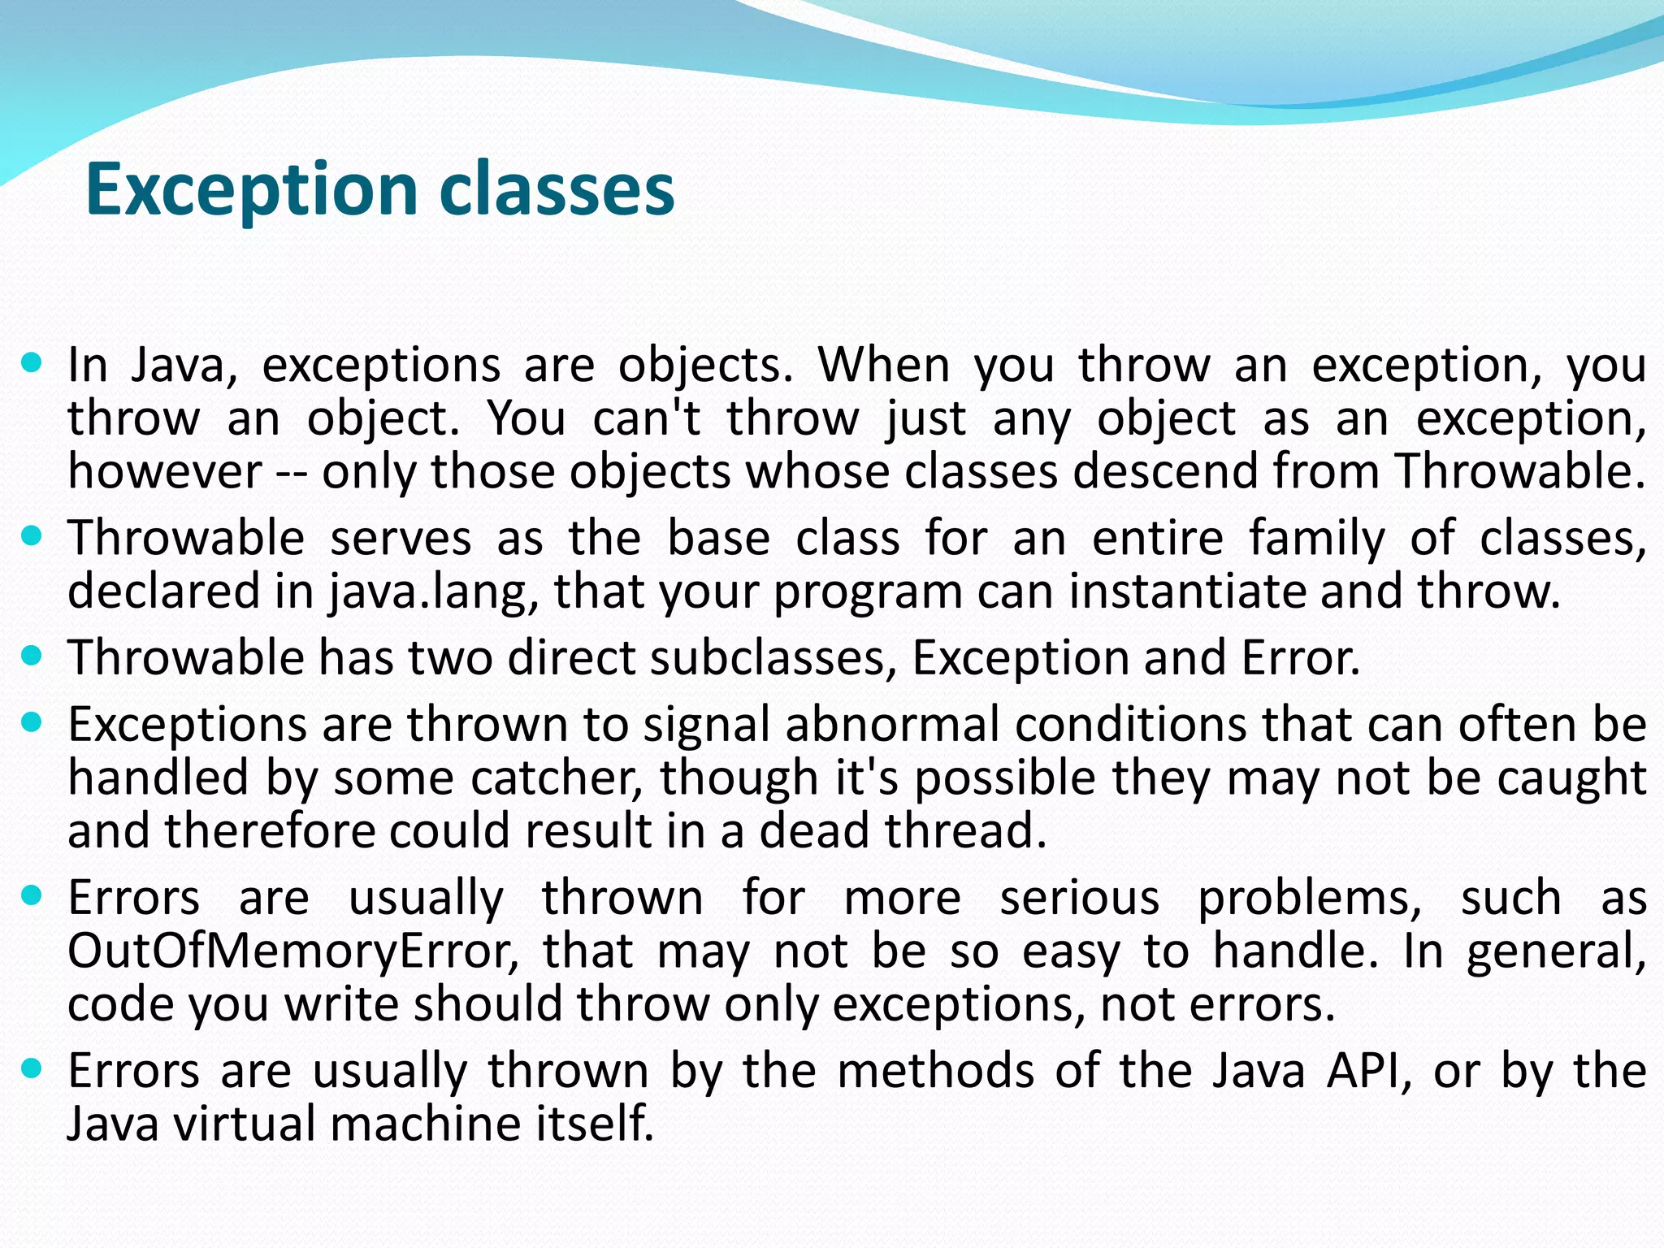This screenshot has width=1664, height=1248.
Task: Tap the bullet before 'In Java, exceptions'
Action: pos(32,362)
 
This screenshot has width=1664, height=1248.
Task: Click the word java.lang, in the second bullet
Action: pos(435,592)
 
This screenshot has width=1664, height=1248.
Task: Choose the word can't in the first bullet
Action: pos(647,419)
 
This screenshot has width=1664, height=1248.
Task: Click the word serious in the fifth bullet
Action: pos(1079,899)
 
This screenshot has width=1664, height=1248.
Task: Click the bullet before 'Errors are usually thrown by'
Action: pos(32,1068)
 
